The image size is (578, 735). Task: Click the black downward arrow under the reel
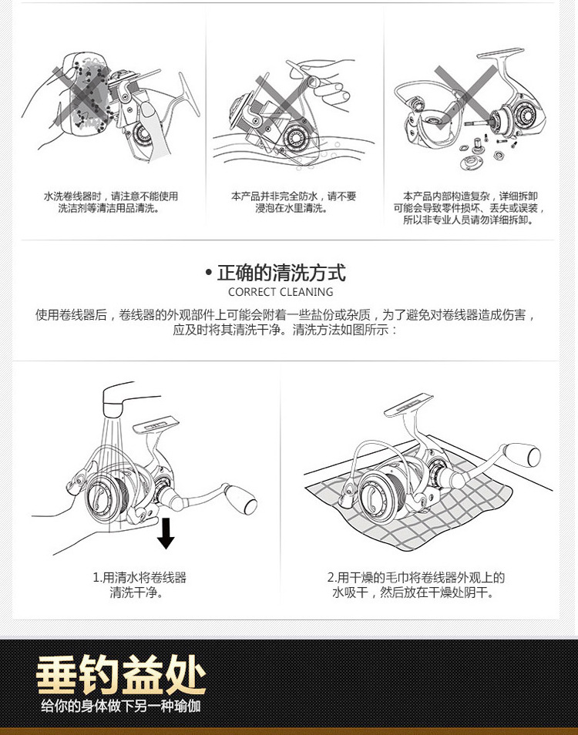point(165,533)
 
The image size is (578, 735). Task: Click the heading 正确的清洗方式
point(281,273)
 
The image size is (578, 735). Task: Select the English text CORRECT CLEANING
point(281,292)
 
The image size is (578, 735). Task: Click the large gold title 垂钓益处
point(122,675)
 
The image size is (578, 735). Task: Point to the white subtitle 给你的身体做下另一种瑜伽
point(121,706)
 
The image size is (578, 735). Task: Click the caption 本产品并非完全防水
point(294,202)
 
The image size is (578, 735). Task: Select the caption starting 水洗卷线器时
point(110,202)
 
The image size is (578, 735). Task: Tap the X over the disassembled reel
point(465,92)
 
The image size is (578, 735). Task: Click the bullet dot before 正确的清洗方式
point(209,274)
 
